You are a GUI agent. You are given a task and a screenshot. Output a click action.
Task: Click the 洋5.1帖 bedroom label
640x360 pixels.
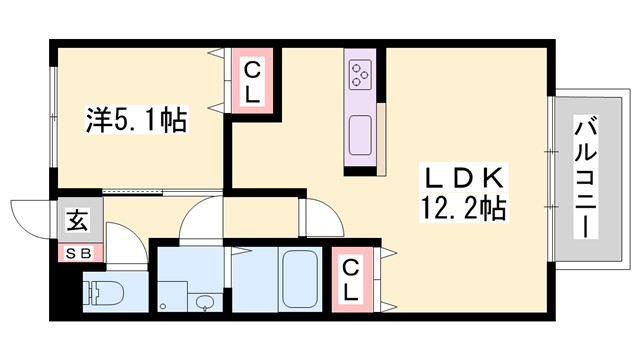click(x=135, y=121)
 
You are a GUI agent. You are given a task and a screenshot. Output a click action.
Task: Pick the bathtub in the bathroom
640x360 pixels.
click(x=299, y=277)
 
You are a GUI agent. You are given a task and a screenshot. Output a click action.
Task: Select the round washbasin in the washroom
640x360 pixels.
click(x=206, y=302)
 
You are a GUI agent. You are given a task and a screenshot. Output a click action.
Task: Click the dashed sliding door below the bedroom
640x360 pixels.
click(x=132, y=188)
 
